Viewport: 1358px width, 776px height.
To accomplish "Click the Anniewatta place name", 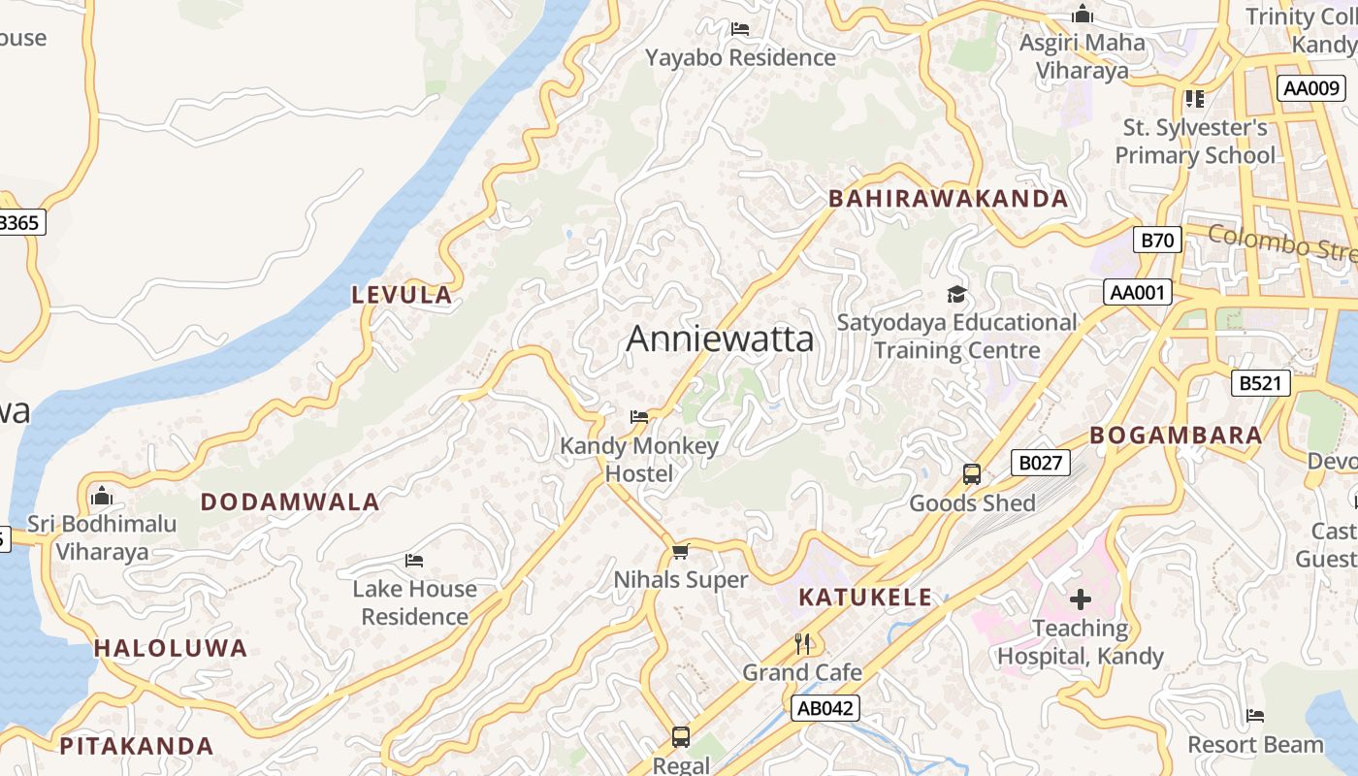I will click(x=720, y=339).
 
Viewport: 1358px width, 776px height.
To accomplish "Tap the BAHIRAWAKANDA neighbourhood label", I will click(x=948, y=199).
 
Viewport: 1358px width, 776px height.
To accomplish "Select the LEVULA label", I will click(x=402, y=295).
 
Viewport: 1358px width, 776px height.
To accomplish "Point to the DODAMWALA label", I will click(x=290, y=501).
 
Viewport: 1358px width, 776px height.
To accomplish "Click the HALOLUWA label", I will click(x=171, y=648).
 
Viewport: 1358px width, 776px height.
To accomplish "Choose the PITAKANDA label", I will click(x=137, y=746).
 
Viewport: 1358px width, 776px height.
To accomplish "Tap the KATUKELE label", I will click(x=865, y=598).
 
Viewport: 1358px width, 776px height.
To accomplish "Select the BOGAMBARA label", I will click(x=1176, y=436).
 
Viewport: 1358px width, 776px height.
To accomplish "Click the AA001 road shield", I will click(x=1137, y=293).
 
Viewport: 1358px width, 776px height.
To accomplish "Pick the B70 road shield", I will click(x=1157, y=240).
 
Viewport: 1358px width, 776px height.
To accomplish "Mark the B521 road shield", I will click(x=1261, y=383).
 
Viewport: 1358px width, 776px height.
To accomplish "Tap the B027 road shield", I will click(x=1040, y=463).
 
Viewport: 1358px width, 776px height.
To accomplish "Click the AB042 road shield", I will click(x=824, y=708).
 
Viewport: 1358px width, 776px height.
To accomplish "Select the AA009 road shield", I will click(x=1311, y=88).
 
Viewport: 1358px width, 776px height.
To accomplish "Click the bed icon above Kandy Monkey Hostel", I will click(x=638, y=417).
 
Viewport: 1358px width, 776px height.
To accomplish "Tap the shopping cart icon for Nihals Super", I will click(x=681, y=551).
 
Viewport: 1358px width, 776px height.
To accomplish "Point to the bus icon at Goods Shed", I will click(x=972, y=474).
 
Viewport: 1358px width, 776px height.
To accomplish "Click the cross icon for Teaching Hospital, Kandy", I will click(x=1080, y=599).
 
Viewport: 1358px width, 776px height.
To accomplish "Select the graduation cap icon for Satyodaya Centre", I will click(x=956, y=294).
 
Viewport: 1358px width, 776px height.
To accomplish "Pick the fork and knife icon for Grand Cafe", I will click(x=802, y=643).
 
